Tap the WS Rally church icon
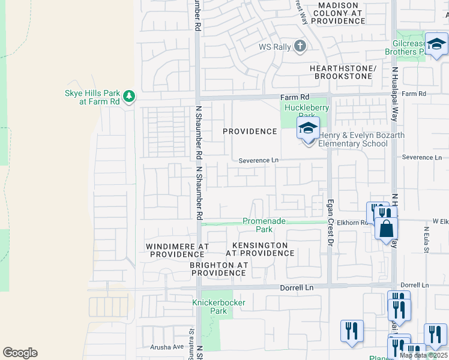point(301,46)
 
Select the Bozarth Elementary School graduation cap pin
point(308,129)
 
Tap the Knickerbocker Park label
point(218,307)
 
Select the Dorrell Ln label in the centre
point(297,288)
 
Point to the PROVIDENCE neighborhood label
point(250,131)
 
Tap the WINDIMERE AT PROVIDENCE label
point(178,250)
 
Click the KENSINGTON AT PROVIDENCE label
point(260,249)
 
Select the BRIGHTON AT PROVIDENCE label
point(218,269)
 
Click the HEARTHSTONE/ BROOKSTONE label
point(343,73)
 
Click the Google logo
point(20,353)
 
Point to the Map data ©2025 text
point(423,355)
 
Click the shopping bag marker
point(387,229)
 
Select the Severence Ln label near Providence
point(259,160)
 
